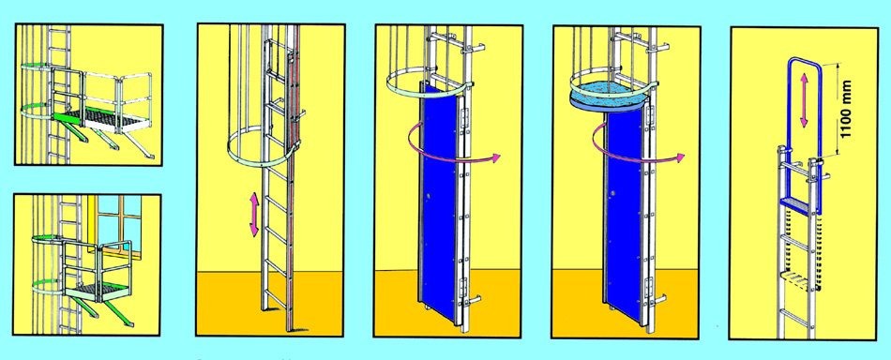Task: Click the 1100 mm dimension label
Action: click(x=845, y=109)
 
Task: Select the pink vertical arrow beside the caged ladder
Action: click(x=254, y=214)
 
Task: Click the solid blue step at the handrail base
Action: click(x=795, y=205)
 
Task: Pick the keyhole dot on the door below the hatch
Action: click(x=613, y=194)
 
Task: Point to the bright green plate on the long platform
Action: click(x=67, y=116)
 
